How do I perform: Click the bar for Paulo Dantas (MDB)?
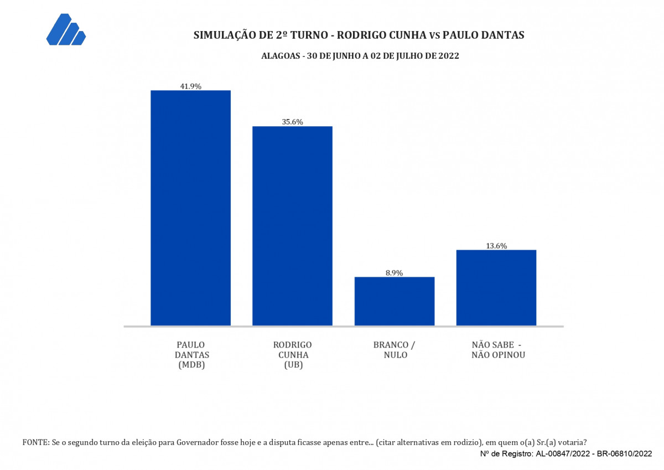190,208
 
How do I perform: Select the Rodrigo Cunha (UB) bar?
292,226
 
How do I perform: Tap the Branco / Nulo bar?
395,301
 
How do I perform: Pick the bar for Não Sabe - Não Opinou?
496,288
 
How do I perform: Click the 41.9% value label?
190,86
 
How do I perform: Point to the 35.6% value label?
292,122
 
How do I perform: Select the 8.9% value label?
394,273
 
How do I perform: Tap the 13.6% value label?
496,246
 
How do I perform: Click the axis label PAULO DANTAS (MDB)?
192,355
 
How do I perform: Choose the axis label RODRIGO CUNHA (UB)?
293,355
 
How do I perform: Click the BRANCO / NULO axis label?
395,350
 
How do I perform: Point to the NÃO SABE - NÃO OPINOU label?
499,350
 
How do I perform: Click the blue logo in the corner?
66,29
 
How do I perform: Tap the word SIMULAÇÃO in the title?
225,35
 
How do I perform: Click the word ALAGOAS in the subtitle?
281,56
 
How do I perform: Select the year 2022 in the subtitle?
449,56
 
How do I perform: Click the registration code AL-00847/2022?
563,454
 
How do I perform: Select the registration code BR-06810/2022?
624,454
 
